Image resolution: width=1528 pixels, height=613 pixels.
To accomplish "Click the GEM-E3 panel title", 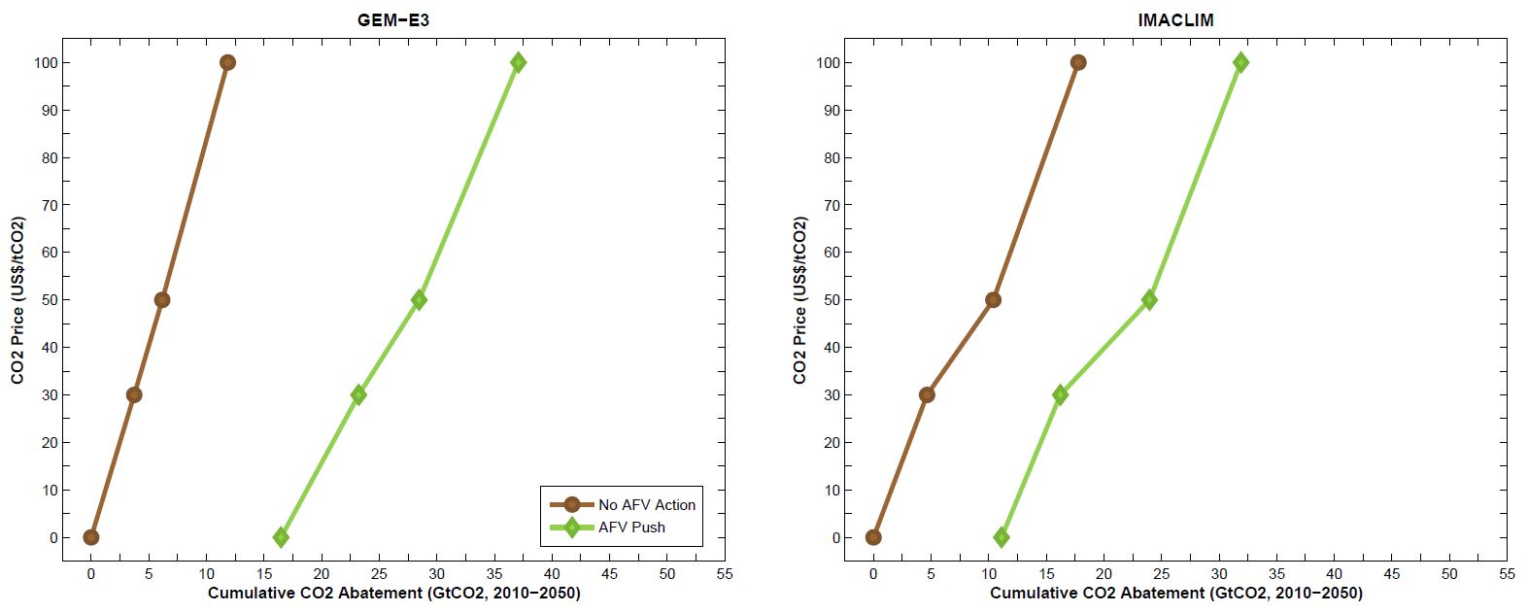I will point(393,19).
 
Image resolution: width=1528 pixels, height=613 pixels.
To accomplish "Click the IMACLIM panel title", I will point(1175,19).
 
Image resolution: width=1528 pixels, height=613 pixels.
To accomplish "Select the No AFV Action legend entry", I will point(646,504).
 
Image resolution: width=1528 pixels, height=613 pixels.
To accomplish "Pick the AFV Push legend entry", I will point(632,528).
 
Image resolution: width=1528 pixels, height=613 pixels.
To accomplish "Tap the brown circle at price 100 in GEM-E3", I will point(227,62).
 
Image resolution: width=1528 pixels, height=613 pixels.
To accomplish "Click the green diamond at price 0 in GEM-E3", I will point(281,537).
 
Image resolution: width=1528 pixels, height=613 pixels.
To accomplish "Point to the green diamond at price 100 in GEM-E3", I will point(518,62).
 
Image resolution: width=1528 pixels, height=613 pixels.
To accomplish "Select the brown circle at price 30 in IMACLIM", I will point(927,394).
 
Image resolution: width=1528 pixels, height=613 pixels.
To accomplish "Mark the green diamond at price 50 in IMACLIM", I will point(1149,300).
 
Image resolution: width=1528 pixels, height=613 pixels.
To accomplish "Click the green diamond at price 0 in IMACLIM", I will point(1002,537).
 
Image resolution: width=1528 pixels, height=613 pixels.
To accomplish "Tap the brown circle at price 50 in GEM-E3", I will point(162,300).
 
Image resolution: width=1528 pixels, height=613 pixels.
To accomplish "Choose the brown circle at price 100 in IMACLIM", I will point(1078,62).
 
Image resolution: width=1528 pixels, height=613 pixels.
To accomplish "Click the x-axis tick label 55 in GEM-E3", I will point(724,574).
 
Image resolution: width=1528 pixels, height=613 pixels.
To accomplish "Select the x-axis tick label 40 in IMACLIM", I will point(1334,574).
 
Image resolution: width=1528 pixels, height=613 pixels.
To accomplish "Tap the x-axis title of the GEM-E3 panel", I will point(393,594).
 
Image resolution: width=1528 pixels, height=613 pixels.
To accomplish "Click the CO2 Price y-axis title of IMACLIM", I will point(800,300).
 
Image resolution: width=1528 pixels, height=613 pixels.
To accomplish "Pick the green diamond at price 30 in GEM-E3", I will point(358,394).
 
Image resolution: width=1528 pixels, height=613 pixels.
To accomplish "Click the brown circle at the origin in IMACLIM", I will point(873,537).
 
